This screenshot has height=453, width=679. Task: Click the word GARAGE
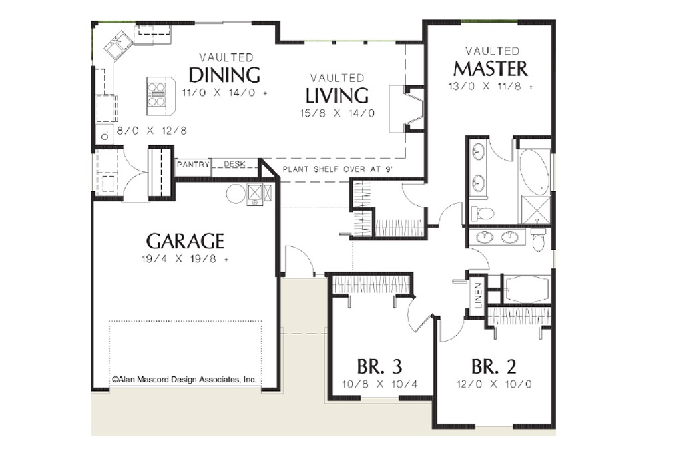[185, 241]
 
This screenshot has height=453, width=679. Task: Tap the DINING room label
[224, 75]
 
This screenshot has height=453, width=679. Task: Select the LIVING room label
[337, 95]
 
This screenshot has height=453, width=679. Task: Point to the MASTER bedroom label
[491, 69]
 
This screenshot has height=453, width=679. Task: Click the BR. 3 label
[379, 367]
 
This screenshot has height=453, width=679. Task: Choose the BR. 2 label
[494, 367]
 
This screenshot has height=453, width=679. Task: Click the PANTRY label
[193, 165]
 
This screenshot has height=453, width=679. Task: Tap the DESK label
[234, 164]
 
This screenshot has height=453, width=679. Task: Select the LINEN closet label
[478, 295]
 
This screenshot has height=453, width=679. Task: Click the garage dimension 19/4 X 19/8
[185, 259]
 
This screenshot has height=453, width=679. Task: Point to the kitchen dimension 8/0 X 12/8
[152, 131]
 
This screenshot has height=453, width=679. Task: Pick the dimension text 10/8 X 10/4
[379, 384]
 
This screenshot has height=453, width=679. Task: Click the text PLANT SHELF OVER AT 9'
[338, 169]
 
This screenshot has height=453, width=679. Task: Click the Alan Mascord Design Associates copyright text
[184, 379]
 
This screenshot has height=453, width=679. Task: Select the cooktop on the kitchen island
[156, 95]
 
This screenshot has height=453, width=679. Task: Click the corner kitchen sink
[118, 45]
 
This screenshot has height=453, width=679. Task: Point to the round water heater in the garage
[236, 193]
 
